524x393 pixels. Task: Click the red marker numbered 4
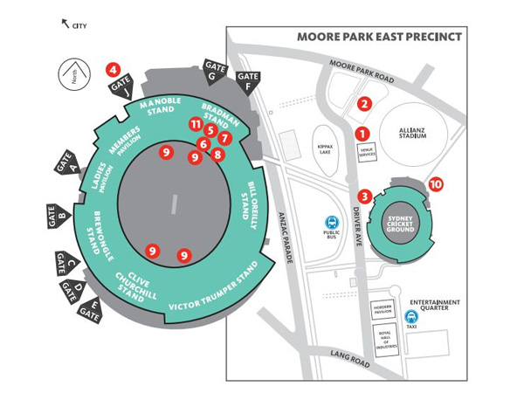pos(112,68)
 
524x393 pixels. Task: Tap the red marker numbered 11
pos(196,125)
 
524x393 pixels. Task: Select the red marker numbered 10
pos(436,184)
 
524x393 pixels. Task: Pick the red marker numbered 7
pos(224,138)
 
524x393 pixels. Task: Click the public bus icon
pos(332,224)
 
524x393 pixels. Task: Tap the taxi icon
pos(410,318)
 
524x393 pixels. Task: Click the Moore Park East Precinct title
pos(379,38)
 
